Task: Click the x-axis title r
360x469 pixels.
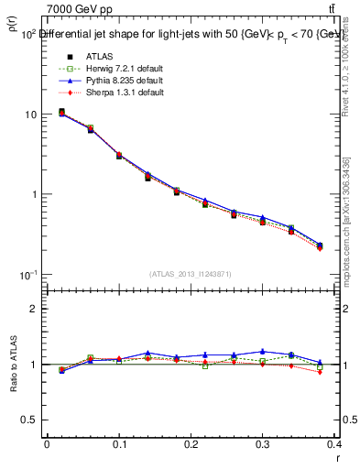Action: pos(339,456)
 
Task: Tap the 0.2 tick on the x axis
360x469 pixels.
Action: pos(191,443)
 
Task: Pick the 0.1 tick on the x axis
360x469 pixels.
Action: pos(119,443)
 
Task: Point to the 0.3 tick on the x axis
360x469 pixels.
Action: pos(264,443)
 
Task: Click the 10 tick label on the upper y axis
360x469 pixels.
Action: pos(32,115)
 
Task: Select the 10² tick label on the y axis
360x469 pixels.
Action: pos(29,34)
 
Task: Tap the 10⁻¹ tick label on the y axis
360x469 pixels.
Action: pos(29,275)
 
